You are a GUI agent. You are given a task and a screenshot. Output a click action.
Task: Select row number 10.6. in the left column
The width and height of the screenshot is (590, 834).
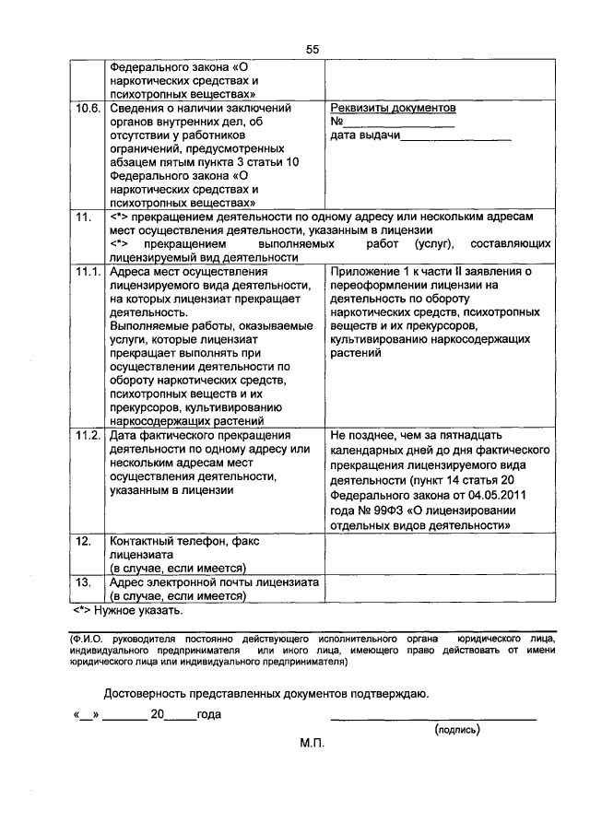point(88,109)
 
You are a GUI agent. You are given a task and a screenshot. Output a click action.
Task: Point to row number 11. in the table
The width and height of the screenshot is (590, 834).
point(83,217)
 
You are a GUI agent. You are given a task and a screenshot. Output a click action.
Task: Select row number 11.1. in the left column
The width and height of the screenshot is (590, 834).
point(88,272)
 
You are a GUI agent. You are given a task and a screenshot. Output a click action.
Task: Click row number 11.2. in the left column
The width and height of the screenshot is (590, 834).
point(88,434)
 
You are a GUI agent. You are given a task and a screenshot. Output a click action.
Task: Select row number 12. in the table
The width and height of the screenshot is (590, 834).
point(83,542)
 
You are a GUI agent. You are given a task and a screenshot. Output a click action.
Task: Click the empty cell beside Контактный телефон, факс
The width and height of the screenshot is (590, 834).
point(439,556)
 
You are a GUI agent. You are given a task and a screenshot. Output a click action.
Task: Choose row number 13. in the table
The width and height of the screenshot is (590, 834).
point(83,582)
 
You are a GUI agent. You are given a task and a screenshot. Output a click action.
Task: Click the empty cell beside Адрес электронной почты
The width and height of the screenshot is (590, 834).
point(439,589)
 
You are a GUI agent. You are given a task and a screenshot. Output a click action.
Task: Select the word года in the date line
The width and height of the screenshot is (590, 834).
point(208,714)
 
